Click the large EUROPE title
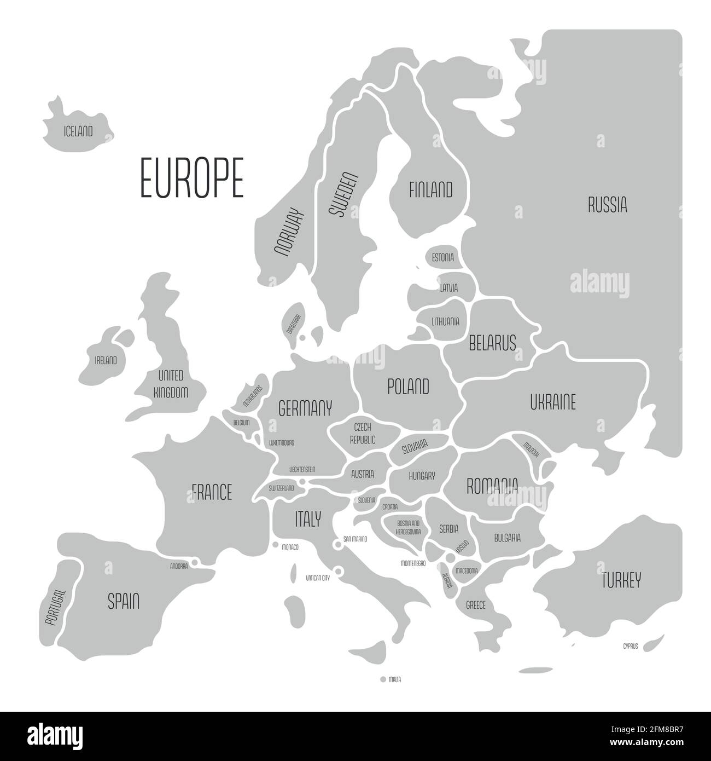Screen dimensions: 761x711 (x=191, y=177)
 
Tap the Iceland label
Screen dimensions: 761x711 (x=78, y=131)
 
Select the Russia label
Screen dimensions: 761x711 (x=607, y=205)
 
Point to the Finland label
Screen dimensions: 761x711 (x=431, y=190)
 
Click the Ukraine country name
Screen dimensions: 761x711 (x=552, y=402)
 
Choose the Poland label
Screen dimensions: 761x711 (x=408, y=387)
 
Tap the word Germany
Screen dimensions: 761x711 (x=305, y=408)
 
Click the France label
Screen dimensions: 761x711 (x=212, y=492)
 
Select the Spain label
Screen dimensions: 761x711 (x=123, y=602)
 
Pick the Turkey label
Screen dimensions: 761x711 (x=621, y=580)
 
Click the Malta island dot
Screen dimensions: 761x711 (x=383, y=679)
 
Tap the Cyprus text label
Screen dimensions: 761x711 (x=630, y=647)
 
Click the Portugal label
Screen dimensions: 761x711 (x=55, y=608)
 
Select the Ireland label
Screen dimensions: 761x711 (x=106, y=360)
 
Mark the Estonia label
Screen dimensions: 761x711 (x=442, y=257)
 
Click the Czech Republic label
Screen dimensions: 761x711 (x=363, y=433)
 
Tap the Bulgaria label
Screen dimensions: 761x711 (x=507, y=538)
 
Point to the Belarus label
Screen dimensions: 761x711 (x=492, y=343)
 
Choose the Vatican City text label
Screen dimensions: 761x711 (x=318, y=578)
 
